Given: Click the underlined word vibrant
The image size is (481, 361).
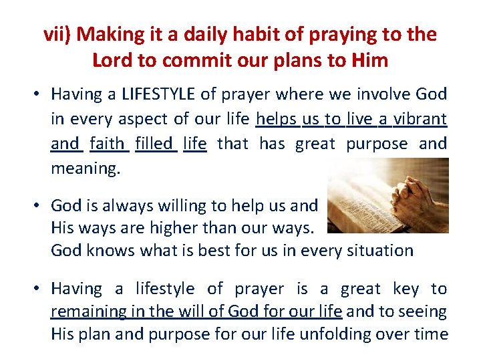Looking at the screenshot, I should [420, 119].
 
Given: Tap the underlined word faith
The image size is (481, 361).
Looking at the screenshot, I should [107, 143].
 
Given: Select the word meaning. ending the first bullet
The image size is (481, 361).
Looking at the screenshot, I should [86, 168].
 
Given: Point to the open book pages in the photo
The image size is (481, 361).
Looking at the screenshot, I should [357, 201].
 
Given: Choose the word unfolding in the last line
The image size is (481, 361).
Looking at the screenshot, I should [333, 334].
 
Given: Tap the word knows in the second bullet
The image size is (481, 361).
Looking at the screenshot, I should [104, 251].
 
